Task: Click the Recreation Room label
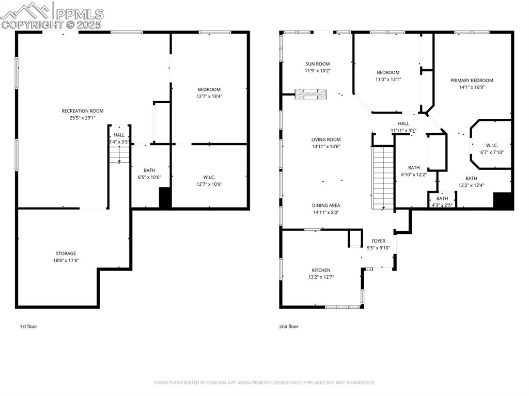pos(83,111)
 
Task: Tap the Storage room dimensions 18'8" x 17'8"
pos(66,261)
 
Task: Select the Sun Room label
pos(317,64)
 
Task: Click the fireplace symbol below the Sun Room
pos(311,93)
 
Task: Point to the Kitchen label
pos(321,270)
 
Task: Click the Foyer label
pos(378,241)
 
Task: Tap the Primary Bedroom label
pos(472,80)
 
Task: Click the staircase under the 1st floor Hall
pos(119,154)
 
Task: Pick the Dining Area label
pos(326,205)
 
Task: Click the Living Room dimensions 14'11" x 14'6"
pos(326,147)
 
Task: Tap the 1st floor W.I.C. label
pos(209,177)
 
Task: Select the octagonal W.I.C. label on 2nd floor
pos(491,145)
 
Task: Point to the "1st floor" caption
pos(28,326)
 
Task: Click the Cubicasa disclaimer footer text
pos(264,383)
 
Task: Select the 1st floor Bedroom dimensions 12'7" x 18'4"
pos(209,97)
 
